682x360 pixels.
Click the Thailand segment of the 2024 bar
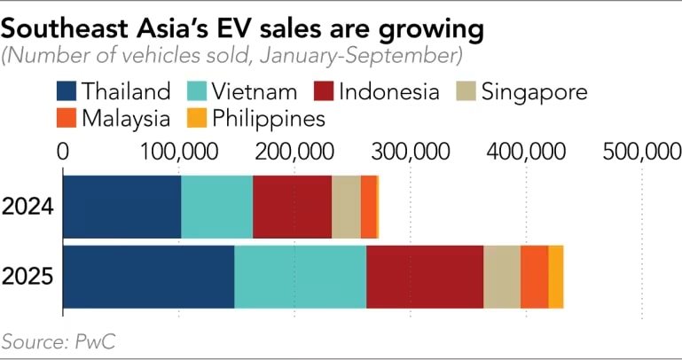pyautogui.click(x=122, y=207)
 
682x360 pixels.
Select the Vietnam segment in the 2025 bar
pyautogui.click(x=300, y=276)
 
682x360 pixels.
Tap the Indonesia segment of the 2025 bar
pyautogui.click(x=424, y=276)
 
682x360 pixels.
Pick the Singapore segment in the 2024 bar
pyautogui.click(x=346, y=207)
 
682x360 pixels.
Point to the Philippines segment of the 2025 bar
pyautogui.click(x=555, y=276)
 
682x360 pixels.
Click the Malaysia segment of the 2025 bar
pyautogui.click(x=534, y=276)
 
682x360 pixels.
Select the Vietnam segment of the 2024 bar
pyautogui.click(x=216, y=207)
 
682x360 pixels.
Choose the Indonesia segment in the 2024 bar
pyautogui.click(x=292, y=207)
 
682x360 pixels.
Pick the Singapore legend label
pyautogui.click(x=531, y=91)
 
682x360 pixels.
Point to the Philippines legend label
pyautogui.click(x=267, y=117)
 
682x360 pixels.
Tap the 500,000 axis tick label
pyautogui.click(x=640, y=150)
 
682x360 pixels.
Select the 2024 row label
pyautogui.click(x=28, y=207)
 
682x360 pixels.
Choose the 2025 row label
pyautogui.click(x=28, y=276)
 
